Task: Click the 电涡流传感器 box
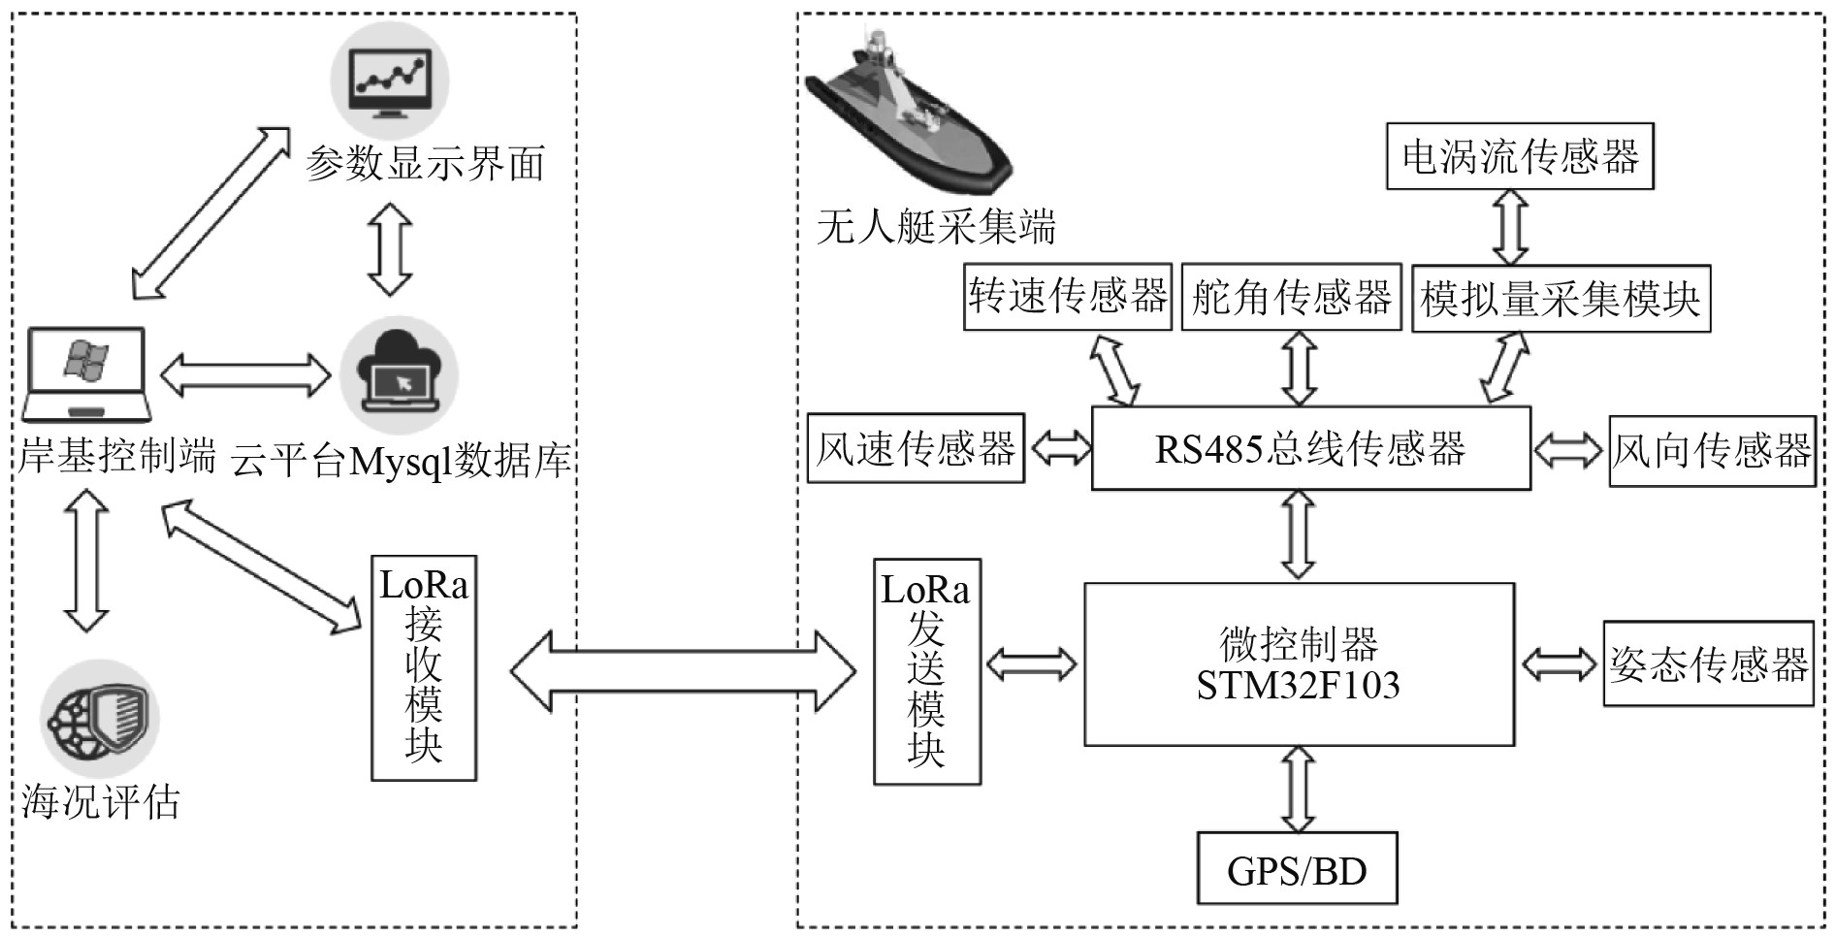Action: click(x=1519, y=156)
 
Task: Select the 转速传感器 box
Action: click(x=1067, y=297)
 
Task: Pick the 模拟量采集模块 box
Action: click(x=1560, y=299)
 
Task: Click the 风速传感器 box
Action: click(x=915, y=448)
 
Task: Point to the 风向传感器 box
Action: click(x=1711, y=451)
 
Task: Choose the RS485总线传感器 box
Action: click(x=1310, y=448)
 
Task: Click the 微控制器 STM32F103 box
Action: click(x=1299, y=664)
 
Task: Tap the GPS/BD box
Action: click(x=1297, y=869)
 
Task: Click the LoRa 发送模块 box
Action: click(x=926, y=671)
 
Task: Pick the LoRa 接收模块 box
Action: click(x=424, y=667)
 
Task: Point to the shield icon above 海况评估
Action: click(x=100, y=718)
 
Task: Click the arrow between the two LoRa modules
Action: click(x=683, y=670)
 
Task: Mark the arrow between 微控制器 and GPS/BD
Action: click(x=1298, y=789)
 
